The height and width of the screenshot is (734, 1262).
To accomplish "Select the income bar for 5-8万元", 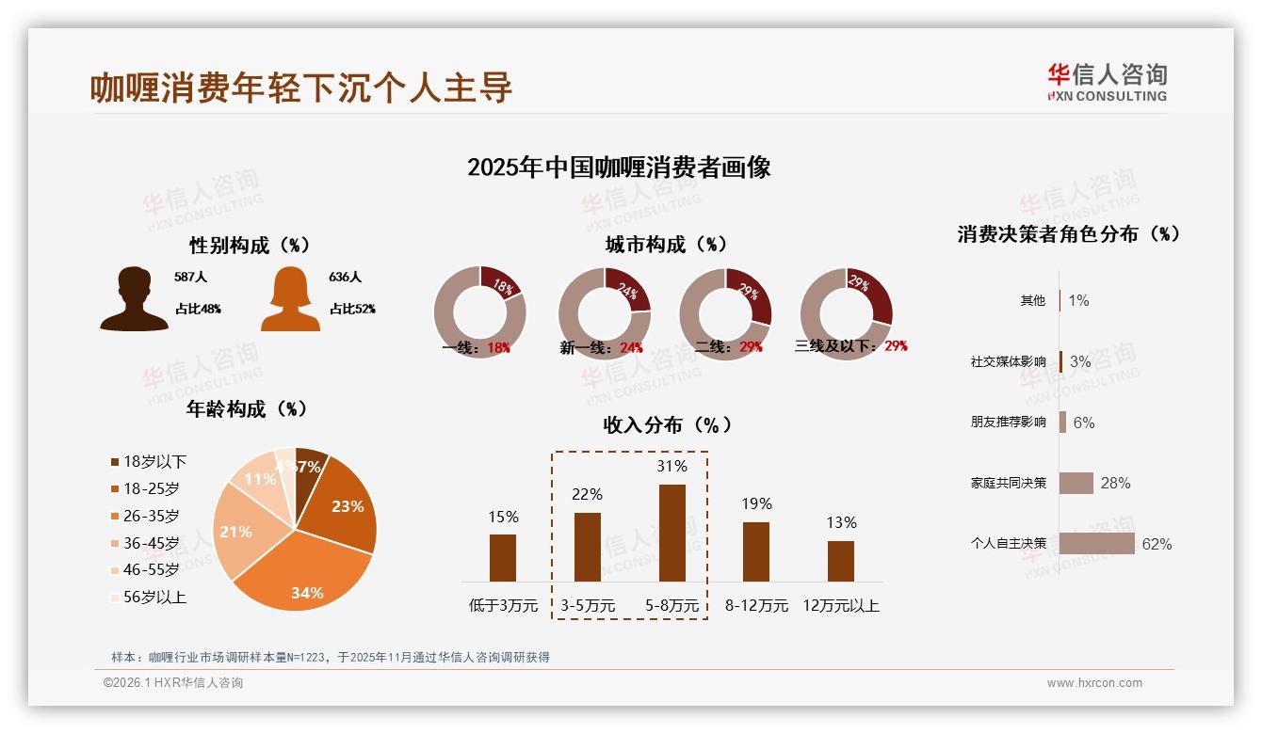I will point(671,533).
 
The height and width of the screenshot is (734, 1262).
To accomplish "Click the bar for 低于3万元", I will point(503,557).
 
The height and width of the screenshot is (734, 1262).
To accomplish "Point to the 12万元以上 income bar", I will point(841,561).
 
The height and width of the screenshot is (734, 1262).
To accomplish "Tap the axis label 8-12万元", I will point(756,605).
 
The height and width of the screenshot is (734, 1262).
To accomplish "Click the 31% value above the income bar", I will point(671,466).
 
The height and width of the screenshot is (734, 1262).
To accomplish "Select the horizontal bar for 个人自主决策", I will point(1096,543).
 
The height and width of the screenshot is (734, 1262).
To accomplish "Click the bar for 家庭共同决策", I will point(1076,483).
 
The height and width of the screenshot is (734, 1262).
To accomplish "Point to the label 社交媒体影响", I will point(1008,361).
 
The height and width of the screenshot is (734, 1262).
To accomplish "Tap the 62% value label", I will point(1157,544).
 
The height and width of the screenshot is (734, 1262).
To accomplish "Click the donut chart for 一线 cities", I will point(479,311).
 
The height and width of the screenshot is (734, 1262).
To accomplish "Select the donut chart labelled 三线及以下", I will point(845,311).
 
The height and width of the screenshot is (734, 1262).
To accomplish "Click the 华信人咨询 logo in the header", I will point(1107,82).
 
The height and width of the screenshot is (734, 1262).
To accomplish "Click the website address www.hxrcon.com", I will point(1094,683).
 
